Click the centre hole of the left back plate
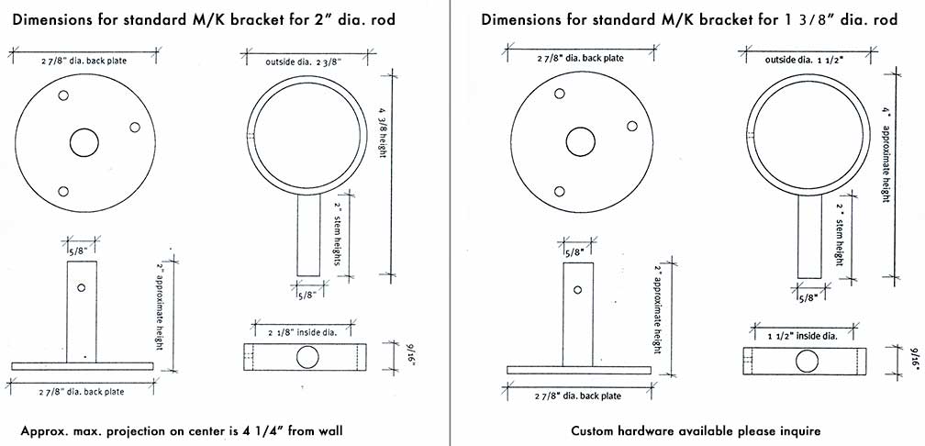click(84, 143)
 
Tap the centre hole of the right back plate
click(581, 142)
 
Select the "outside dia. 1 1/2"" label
click(805, 60)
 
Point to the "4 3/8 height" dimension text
click(383, 131)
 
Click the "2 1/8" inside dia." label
click(303, 332)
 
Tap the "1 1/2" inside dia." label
click(802, 336)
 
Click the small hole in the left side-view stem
click(82, 287)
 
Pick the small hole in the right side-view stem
click(577, 290)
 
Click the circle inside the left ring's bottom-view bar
click(307, 357)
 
